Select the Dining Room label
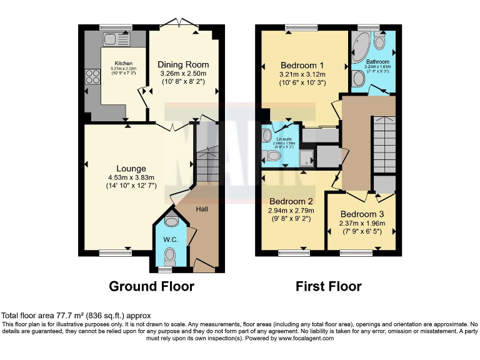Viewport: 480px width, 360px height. click(x=182, y=64)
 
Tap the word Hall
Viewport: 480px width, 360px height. click(x=202, y=209)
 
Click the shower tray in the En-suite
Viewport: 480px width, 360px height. click(x=306, y=158)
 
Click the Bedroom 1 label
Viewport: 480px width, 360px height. click(x=302, y=66)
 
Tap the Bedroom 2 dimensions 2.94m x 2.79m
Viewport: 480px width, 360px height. click(x=291, y=211)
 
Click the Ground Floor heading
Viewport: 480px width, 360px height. click(x=151, y=286)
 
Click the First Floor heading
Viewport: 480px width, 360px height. click(x=328, y=286)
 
